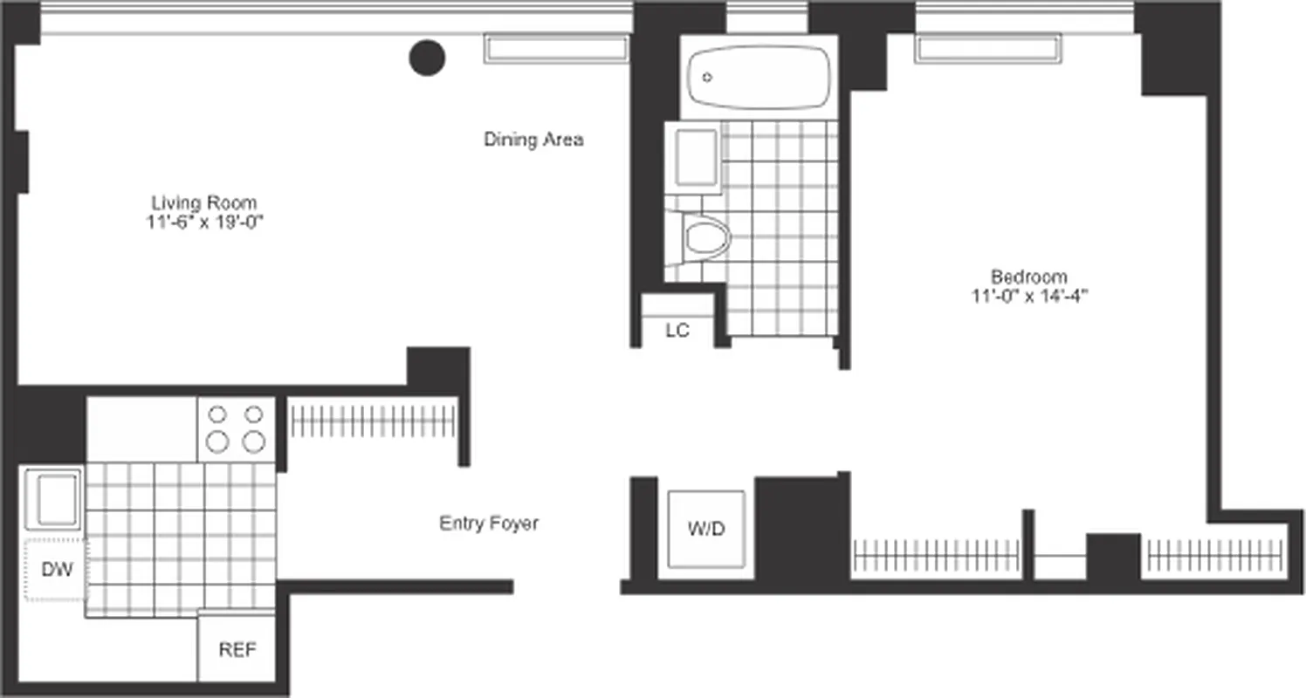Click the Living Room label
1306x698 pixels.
pyautogui.click(x=204, y=202)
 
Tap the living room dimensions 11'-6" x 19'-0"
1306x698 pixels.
pyautogui.click(x=204, y=222)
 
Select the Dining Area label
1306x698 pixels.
pyautogui.click(x=533, y=140)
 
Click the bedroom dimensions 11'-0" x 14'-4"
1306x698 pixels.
pyautogui.click(x=1028, y=297)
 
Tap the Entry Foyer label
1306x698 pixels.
pyautogui.click(x=488, y=523)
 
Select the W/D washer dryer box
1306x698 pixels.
pyautogui.click(x=706, y=529)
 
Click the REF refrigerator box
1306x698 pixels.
pyautogui.click(x=237, y=650)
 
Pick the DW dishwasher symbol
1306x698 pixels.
pyautogui.click(x=55, y=570)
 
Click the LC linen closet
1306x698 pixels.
pyautogui.click(x=677, y=330)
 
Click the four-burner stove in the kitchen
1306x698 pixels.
pyautogui.click(x=236, y=428)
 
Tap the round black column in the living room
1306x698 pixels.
pyautogui.click(x=427, y=58)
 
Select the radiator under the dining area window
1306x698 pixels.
pyautogui.click(x=556, y=49)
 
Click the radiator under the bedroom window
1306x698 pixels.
pyautogui.click(x=987, y=49)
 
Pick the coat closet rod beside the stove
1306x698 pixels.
pyautogui.click(x=373, y=421)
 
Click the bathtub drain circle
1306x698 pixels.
pyautogui.click(x=707, y=77)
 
